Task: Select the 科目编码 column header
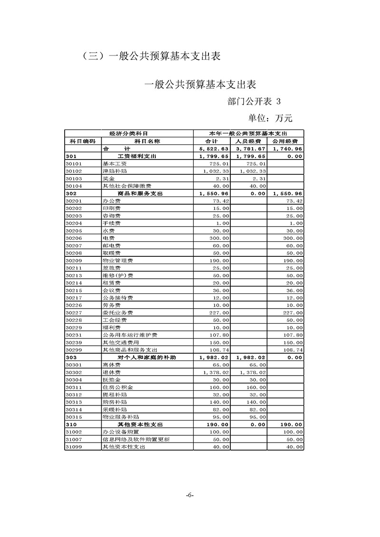coord(83,141)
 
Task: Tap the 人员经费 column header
coord(248,141)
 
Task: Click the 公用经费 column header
coord(285,141)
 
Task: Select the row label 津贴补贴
coord(112,171)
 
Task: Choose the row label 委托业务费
coord(117,312)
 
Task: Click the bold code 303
coord(72,357)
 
